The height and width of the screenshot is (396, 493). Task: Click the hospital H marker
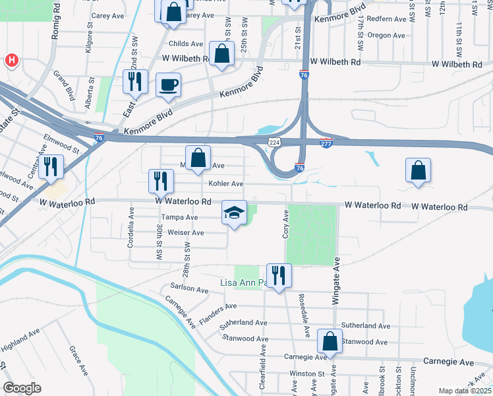coord(11,61)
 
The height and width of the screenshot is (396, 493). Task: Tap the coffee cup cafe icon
coord(169,85)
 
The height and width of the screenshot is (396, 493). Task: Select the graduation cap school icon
coord(234,213)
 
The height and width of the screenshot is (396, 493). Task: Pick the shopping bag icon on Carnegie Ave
coord(329,342)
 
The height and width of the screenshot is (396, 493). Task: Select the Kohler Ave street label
coord(226,184)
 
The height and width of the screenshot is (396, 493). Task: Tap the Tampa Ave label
coord(180,217)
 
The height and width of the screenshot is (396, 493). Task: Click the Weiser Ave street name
coord(187,233)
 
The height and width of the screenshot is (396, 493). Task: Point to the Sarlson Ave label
coord(189,288)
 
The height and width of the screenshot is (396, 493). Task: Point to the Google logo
coord(22,388)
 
